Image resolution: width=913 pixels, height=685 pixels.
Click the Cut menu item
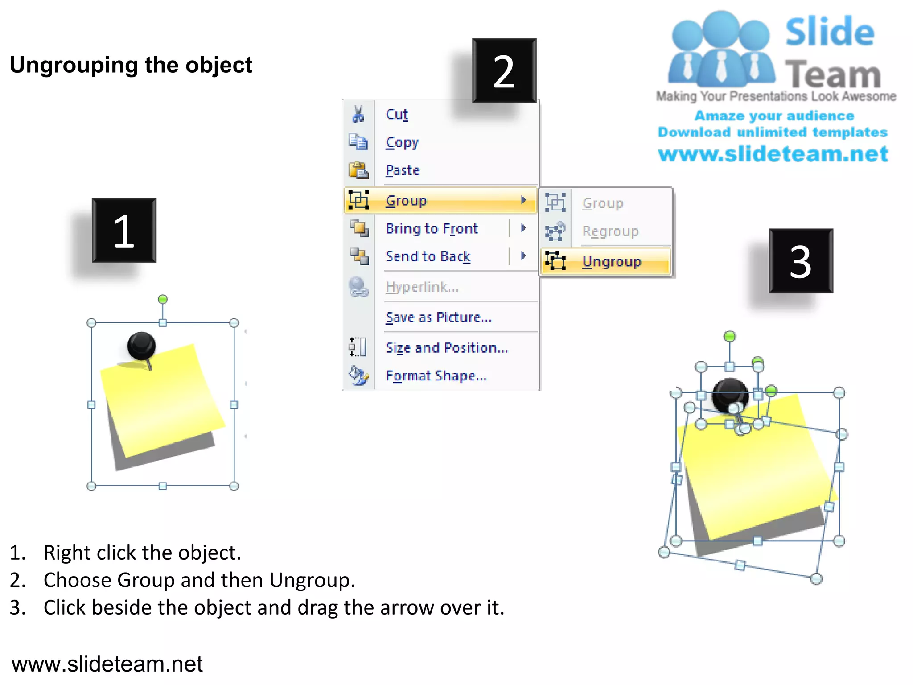[397, 115]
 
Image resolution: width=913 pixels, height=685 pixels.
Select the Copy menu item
[402, 143]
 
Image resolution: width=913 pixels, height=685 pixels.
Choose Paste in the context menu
[402, 170]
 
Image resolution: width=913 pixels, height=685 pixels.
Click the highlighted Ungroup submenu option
[611, 262]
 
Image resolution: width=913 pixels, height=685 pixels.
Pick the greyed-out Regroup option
[610, 231]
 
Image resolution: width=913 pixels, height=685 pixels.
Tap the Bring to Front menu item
[431, 229]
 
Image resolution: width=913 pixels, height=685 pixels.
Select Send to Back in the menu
[428, 256]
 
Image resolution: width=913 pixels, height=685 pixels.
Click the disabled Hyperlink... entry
[421, 287]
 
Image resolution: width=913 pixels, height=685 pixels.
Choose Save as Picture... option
[438, 318]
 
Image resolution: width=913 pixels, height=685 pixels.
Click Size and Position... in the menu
[446, 348]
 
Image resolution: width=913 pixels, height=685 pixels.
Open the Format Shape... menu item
[436, 376]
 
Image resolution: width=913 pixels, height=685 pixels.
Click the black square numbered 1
[124, 231]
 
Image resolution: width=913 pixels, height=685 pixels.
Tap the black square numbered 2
[504, 70]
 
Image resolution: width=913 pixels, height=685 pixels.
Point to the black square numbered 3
[801, 261]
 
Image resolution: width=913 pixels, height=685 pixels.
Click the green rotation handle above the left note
[163, 299]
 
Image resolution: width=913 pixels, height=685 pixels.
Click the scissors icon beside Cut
[358, 115]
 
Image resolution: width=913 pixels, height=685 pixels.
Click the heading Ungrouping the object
[131, 65]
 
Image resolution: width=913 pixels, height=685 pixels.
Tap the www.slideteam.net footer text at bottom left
[107, 664]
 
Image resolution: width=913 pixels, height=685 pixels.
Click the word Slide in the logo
[830, 32]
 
